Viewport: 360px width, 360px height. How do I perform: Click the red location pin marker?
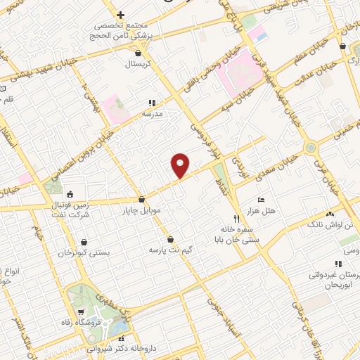(x=181, y=165)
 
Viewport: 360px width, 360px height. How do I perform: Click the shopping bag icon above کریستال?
(x=138, y=52)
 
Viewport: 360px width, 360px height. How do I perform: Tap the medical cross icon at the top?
(x=120, y=15)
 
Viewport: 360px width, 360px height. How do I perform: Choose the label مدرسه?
(x=153, y=113)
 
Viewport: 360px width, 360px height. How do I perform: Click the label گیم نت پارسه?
(x=169, y=250)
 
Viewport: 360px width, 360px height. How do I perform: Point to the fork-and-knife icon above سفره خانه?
(x=236, y=218)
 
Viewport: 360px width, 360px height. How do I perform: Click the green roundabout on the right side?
(x=310, y=148)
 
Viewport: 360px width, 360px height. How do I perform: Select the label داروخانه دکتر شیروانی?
(x=121, y=348)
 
